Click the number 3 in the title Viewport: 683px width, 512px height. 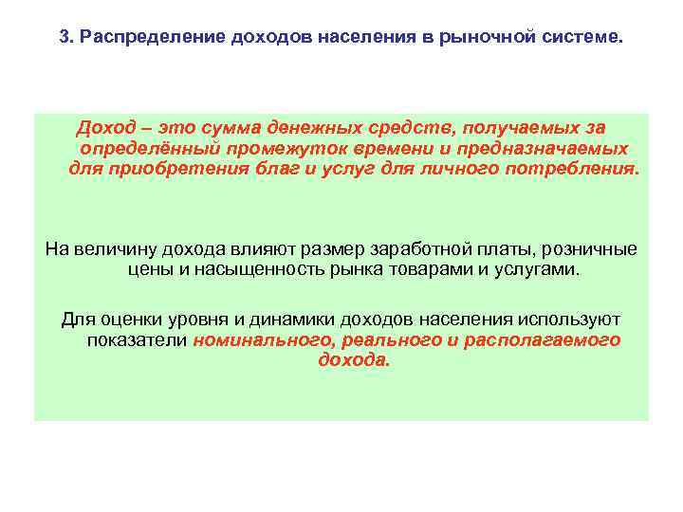pyautogui.click(x=64, y=39)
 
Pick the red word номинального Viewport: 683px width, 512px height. pyautogui.click(x=256, y=339)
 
